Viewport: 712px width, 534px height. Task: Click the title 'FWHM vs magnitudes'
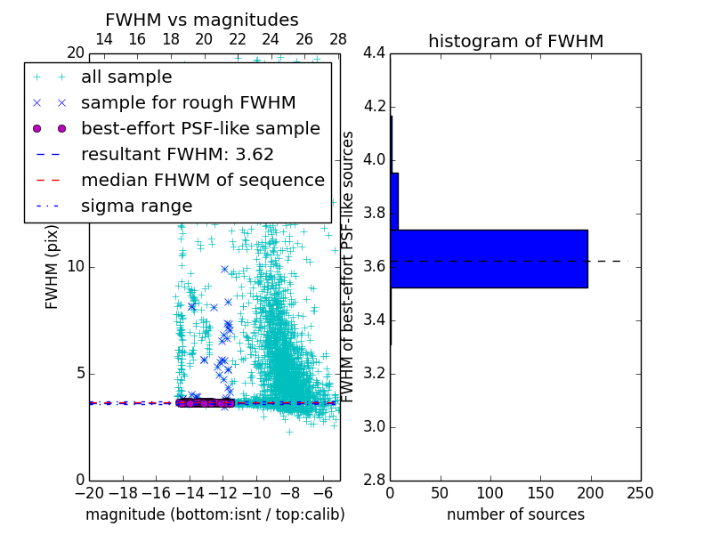point(201,20)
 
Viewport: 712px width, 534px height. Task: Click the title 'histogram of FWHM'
point(515,41)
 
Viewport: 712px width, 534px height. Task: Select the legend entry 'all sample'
point(126,77)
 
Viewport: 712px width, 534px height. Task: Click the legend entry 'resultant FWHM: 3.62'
point(177,154)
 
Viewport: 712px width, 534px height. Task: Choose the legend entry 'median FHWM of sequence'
point(202,180)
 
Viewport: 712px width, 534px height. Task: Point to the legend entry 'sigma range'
point(136,206)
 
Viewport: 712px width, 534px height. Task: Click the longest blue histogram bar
point(489,259)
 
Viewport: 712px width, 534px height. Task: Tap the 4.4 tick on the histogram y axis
point(374,53)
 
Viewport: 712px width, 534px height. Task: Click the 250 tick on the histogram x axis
point(640,493)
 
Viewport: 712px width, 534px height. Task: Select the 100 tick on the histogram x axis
point(489,493)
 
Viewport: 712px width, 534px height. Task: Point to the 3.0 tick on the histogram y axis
point(374,426)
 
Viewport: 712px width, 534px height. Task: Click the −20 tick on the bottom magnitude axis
point(89,493)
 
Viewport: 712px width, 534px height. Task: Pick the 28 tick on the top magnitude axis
point(338,40)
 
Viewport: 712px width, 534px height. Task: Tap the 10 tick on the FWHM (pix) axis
point(76,267)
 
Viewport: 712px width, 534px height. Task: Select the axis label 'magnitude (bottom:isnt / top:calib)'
point(214,514)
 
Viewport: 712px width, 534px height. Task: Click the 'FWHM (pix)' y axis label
point(53,267)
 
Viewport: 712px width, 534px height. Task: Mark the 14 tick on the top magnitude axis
point(103,40)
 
